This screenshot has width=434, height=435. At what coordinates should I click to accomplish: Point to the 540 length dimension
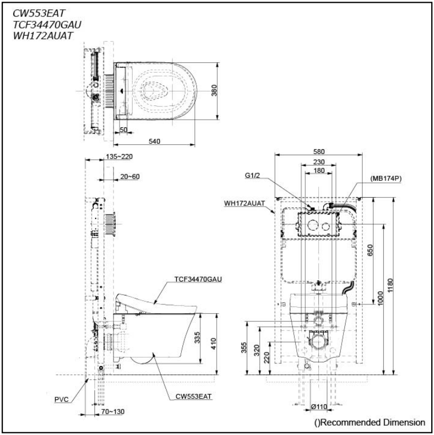(x=154, y=142)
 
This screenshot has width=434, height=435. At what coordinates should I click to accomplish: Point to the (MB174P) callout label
(x=385, y=178)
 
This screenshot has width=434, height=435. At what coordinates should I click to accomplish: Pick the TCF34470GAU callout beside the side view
(x=198, y=279)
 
